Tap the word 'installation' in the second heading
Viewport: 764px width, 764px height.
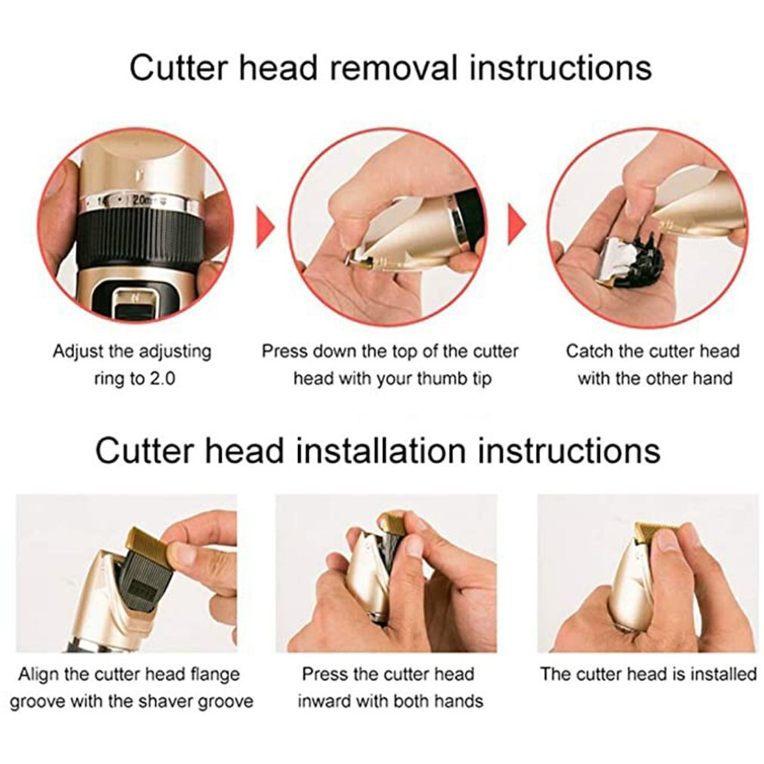point(381,450)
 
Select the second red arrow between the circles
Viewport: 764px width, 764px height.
point(517,225)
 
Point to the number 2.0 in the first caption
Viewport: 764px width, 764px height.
point(161,378)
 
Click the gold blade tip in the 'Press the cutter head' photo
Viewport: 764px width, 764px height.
point(393,523)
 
